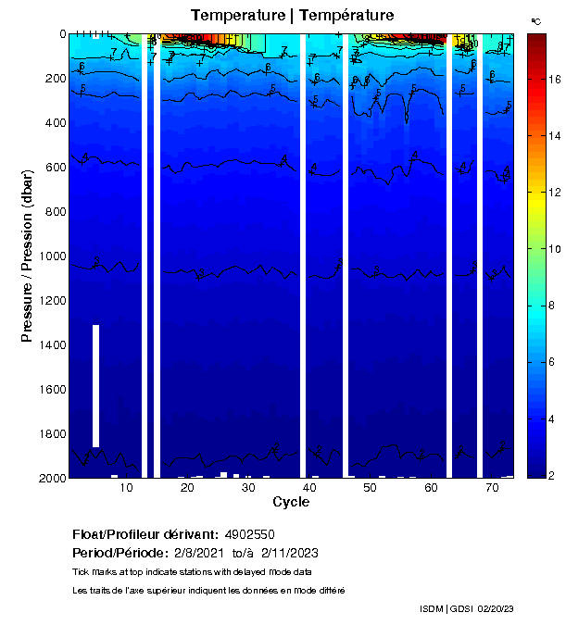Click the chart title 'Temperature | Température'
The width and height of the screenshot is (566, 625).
coord(293,16)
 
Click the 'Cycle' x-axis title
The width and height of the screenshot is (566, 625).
coord(291,503)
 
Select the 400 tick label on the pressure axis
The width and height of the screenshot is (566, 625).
coord(55,122)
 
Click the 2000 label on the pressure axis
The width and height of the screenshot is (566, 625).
coord(51,478)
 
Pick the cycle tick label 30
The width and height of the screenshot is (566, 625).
coord(248,488)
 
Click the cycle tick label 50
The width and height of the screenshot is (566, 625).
coord(370,488)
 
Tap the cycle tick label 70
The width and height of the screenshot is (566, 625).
coord(492,488)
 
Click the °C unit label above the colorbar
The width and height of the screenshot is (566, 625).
coord(535,20)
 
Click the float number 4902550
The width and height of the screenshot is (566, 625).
coord(250,535)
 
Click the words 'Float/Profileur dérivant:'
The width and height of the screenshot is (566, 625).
coord(144,535)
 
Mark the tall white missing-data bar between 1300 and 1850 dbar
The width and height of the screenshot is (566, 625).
coord(95,386)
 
